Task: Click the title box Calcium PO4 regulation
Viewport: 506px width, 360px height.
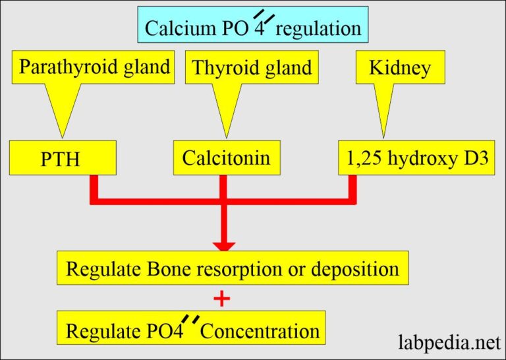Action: click(252, 26)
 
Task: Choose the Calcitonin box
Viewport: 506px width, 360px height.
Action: click(226, 158)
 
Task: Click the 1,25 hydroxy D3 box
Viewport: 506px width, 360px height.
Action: click(416, 158)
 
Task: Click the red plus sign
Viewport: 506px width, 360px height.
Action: click(223, 299)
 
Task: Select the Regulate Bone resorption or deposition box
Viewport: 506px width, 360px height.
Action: click(233, 269)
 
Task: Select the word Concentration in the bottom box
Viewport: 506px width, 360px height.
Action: click(260, 330)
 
